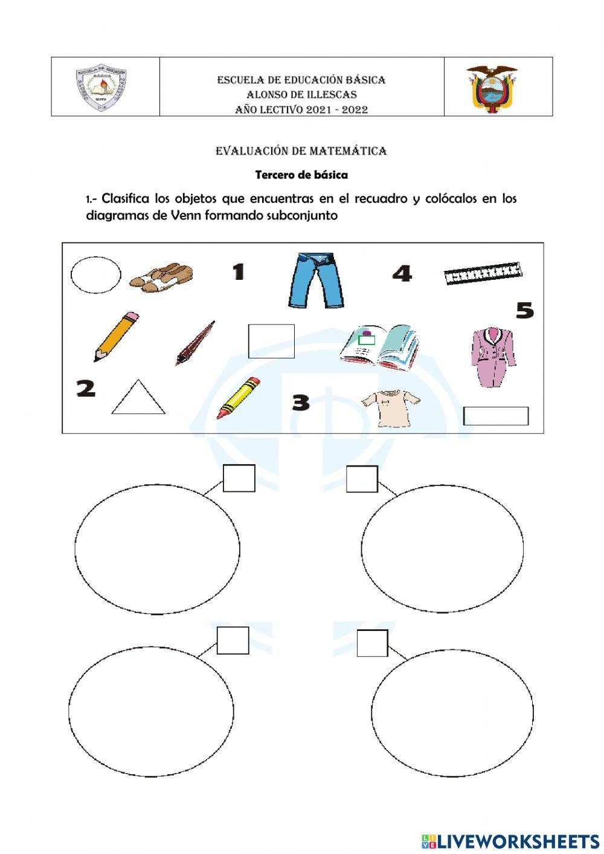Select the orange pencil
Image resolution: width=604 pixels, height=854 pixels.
point(116,337)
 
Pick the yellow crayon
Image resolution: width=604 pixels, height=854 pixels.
point(239,397)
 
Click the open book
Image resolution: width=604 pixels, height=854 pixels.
point(379,347)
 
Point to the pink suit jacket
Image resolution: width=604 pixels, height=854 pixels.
point(493,357)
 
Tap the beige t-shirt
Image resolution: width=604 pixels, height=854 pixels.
point(390,408)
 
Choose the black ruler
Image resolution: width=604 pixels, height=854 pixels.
point(483,274)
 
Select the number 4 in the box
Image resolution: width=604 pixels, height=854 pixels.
point(402,274)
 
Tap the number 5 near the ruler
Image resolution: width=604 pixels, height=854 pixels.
point(524,311)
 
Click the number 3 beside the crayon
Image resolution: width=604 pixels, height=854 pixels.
point(300,403)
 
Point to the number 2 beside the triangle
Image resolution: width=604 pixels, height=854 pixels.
point(86,388)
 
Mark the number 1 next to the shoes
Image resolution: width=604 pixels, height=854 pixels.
point(239,272)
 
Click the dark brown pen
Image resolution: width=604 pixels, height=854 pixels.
point(195,343)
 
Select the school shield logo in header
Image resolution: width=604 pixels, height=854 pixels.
point(101,89)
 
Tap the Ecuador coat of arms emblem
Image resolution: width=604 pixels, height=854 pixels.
point(492,89)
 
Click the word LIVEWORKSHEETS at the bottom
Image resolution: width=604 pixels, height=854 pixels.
point(518,841)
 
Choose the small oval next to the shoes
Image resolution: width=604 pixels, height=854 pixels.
point(95,275)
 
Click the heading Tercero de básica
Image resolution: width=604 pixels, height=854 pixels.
point(301,175)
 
